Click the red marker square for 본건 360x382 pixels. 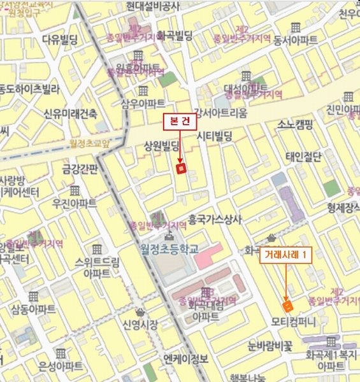tap(180, 169)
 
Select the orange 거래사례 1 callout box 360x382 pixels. tap(287, 255)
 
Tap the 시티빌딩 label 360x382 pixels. tap(214, 135)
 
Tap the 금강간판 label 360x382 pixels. tap(79, 170)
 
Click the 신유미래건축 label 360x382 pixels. tap(70, 113)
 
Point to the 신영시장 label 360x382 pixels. tap(140, 324)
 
